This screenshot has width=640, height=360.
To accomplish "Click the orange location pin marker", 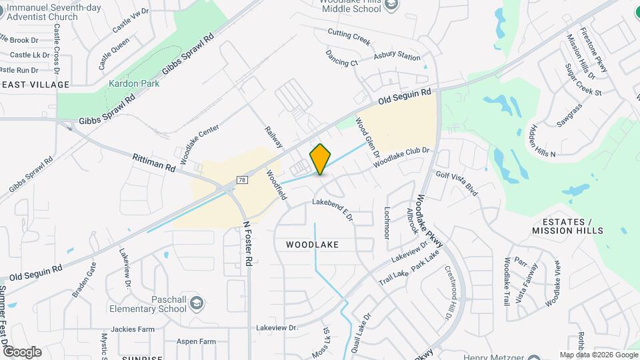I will [321, 159].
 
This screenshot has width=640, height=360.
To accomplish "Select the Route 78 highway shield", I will [241, 180].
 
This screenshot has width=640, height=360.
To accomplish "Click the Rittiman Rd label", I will [154, 162].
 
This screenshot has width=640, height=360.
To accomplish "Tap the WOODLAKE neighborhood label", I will [312, 245].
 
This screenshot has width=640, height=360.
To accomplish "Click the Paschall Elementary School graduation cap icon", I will [197, 304].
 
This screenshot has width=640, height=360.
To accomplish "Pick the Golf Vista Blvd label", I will [458, 183].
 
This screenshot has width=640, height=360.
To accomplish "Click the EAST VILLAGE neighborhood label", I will [35, 85].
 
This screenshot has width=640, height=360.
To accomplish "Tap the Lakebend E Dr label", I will [333, 207].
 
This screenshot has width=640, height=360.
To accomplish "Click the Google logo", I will [21, 351].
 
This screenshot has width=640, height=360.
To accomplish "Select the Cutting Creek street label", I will [349, 36].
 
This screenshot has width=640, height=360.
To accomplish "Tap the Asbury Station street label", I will [397, 57].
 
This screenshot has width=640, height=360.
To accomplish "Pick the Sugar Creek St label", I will [583, 80].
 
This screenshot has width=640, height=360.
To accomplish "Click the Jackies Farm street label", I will [133, 329].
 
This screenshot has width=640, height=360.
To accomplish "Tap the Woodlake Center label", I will [199, 139].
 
